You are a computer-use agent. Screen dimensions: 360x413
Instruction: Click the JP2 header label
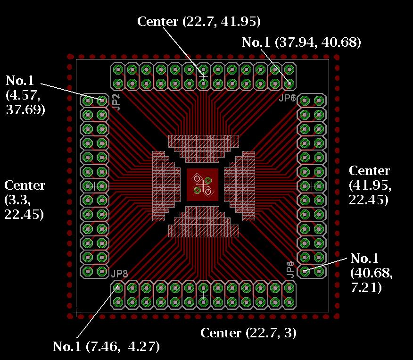(x=116, y=102)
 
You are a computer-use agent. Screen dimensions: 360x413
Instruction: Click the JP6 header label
(x=287, y=98)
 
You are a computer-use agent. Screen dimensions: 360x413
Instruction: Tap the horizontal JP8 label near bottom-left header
(x=119, y=274)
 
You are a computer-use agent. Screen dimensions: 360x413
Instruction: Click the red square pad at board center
(x=203, y=185)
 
